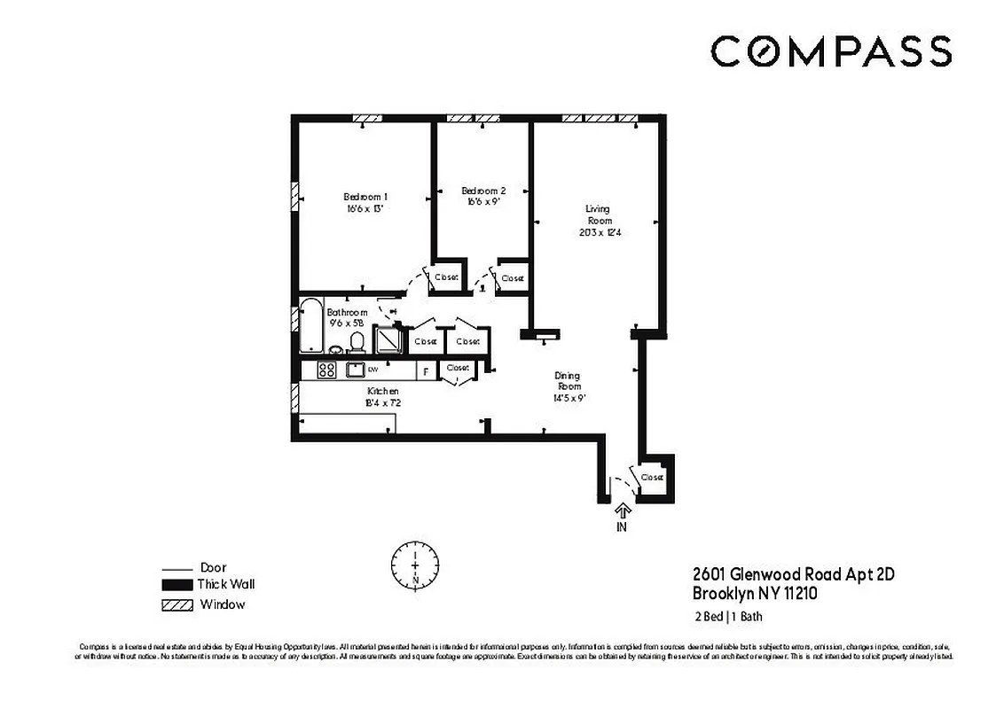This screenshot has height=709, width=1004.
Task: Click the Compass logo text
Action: tap(830, 51)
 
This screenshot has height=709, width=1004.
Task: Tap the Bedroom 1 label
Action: tap(365, 197)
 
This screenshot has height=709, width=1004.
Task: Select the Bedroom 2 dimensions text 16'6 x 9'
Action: tap(483, 202)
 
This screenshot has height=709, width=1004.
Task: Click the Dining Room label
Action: tap(569, 380)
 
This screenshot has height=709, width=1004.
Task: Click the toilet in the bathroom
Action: tap(357, 341)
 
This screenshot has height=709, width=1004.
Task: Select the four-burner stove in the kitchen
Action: tap(326, 370)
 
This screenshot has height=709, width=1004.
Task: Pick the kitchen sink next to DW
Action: tap(356, 370)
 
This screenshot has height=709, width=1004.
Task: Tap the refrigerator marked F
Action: tap(426, 371)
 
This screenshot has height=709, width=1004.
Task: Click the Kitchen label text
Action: tap(383, 391)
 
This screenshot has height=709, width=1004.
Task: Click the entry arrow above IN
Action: tap(622, 510)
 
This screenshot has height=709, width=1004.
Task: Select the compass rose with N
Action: tap(415, 563)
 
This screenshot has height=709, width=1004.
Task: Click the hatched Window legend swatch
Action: tap(176, 604)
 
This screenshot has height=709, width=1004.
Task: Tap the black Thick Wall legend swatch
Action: tap(176, 585)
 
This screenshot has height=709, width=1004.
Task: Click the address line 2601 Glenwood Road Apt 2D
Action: tap(793, 574)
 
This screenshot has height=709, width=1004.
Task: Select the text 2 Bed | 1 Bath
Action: tap(726, 618)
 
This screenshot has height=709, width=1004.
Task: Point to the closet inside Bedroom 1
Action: tap(446, 277)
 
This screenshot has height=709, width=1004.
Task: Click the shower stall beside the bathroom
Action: tap(388, 339)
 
